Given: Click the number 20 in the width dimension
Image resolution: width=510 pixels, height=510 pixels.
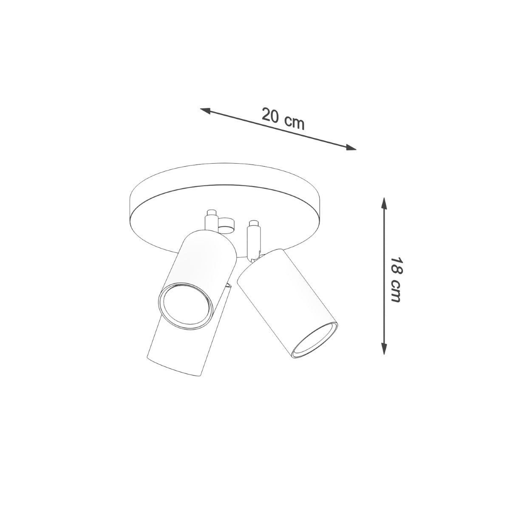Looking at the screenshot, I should pos(270,116).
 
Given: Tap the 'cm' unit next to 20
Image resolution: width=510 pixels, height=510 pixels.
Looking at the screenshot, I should pos(294,122).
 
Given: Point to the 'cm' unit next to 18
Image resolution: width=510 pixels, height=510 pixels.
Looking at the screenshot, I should pos(396,291).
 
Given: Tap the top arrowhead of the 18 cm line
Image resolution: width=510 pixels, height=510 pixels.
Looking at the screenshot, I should pos(384,203).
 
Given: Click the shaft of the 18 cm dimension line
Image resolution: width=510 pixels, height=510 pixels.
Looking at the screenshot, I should pos(384,238).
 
